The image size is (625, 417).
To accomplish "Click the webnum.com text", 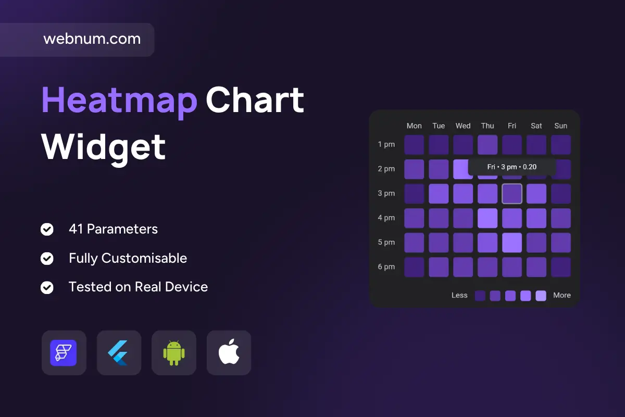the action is (x=92, y=39).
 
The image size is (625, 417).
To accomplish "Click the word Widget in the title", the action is (x=103, y=148).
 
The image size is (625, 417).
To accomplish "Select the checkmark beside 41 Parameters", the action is (x=47, y=229).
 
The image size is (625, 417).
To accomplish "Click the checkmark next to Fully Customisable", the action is (x=47, y=259).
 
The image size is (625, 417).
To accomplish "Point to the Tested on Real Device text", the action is (x=139, y=287).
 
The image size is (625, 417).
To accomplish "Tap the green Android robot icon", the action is (x=174, y=353).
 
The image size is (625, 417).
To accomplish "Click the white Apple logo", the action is (x=229, y=352).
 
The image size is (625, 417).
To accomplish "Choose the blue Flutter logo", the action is (x=118, y=353).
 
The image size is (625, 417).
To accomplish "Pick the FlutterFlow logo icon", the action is (x=64, y=353).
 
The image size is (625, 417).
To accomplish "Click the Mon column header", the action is (x=414, y=126).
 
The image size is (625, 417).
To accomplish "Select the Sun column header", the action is (x=561, y=126).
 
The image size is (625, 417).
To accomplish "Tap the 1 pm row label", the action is (x=386, y=145).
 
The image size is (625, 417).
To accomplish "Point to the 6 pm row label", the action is (x=386, y=267).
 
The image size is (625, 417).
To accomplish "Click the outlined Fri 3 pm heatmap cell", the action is (x=512, y=194).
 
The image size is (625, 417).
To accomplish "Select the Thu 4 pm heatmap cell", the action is (x=488, y=218).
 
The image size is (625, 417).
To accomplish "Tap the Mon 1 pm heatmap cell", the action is (x=414, y=145).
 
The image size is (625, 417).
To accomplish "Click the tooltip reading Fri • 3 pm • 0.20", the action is (x=512, y=167).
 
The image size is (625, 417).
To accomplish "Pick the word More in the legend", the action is (x=562, y=295).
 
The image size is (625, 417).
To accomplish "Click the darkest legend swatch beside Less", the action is (x=480, y=296).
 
